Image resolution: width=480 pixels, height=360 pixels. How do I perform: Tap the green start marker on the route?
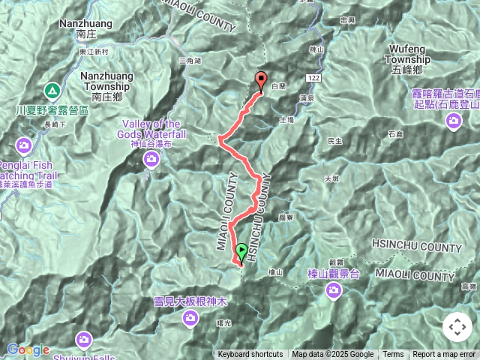tap(241, 252)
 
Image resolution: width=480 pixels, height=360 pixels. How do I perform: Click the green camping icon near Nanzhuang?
tap(52, 91)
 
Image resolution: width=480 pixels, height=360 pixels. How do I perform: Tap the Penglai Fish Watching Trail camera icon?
tap(24, 144)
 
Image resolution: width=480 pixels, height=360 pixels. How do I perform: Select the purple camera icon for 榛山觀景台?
tap(334, 290)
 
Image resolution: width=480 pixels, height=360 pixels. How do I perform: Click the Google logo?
tap(28, 349)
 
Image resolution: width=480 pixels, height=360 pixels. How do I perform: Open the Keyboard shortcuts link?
tap(250, 355)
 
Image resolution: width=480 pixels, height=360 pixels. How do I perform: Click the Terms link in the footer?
tap(393, 355)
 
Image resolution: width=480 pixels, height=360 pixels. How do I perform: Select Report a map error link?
tap(445, 355)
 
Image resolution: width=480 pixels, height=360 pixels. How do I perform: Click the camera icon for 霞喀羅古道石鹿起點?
tap(454, 120)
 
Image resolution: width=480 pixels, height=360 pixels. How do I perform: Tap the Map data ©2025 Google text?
tap(333, 355)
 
